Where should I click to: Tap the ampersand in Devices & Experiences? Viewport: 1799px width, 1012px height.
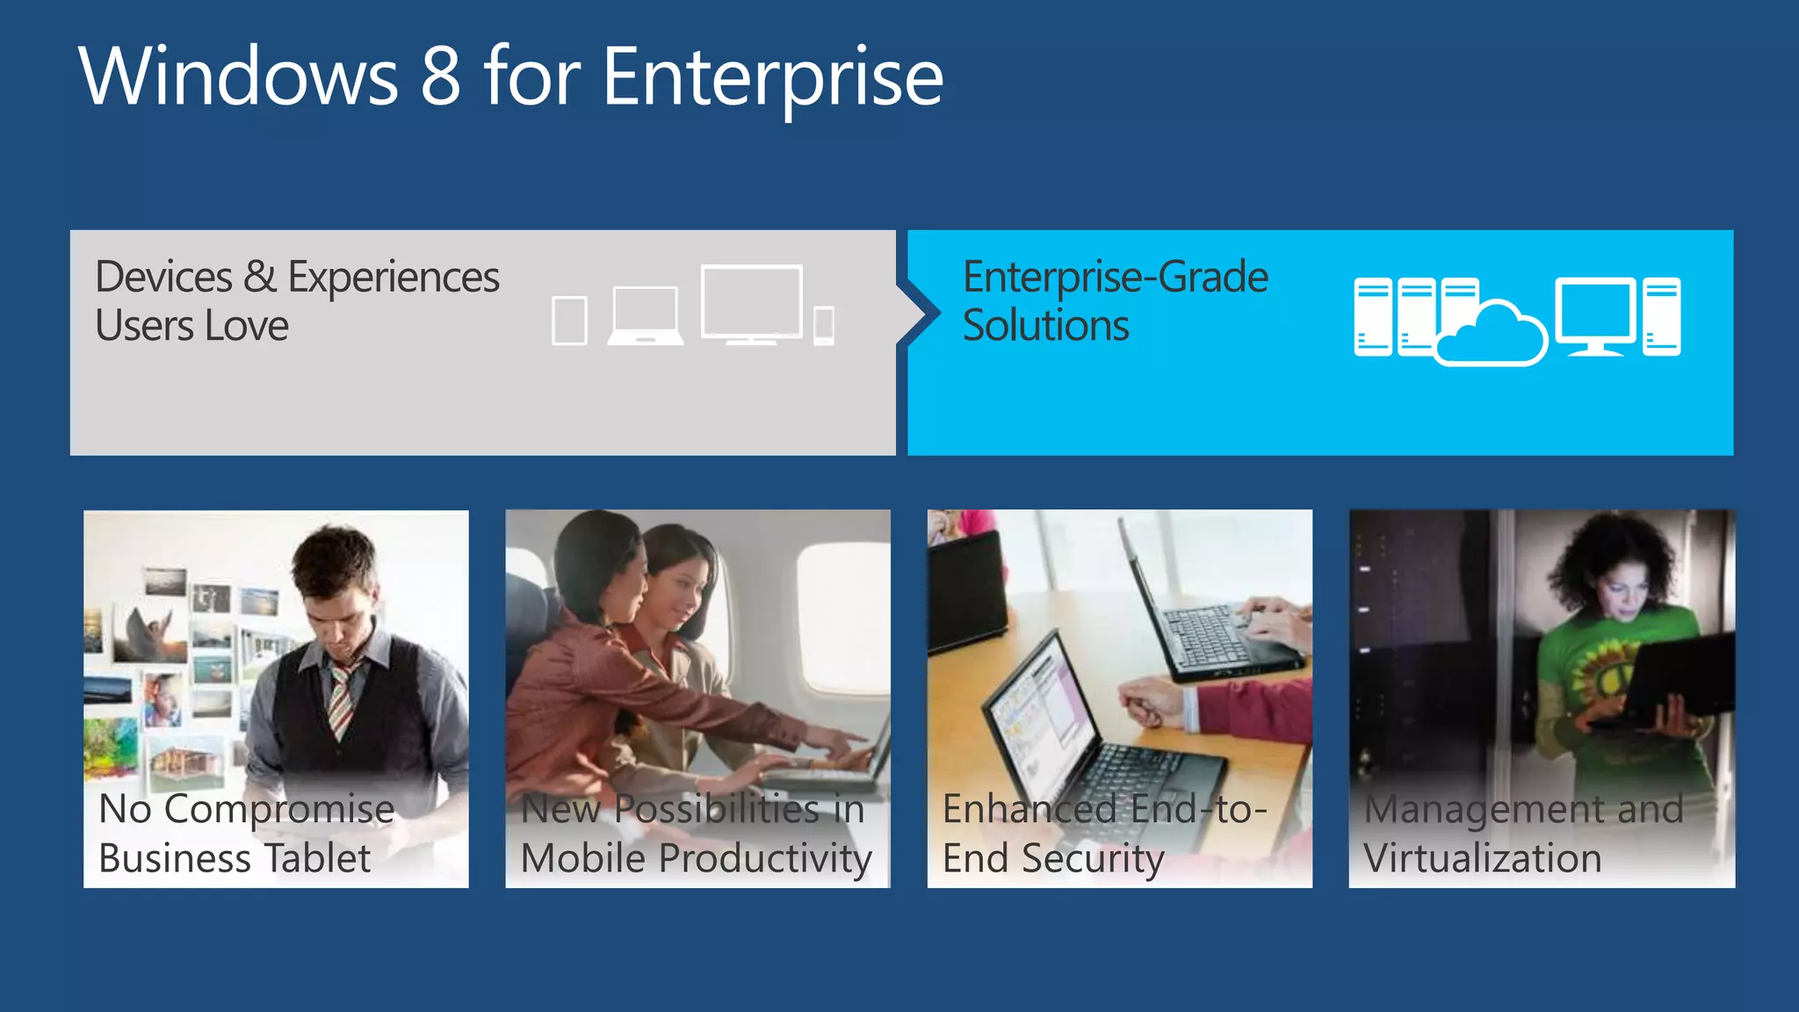(260, 278)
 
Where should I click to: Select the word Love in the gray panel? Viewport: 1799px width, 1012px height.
(247, 326)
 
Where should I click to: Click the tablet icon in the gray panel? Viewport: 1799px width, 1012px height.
(569, 321)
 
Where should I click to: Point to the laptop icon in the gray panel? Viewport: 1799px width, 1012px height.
(646, 315)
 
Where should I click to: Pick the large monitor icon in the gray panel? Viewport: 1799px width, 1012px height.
(752, 303)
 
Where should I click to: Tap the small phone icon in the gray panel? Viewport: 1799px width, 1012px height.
(824, 326)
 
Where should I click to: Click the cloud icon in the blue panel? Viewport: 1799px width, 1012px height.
(1492, 336)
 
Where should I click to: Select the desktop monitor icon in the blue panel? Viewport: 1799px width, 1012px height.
(1595, 314)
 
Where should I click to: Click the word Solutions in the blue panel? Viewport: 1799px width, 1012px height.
(1045, 326)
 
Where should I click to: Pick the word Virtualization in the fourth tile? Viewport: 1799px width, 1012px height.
(1483, 858)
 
